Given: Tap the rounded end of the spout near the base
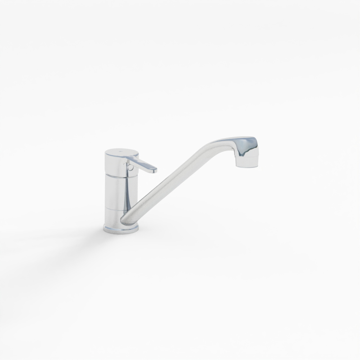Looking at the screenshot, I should pyautogui.click(x=125, y=220).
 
